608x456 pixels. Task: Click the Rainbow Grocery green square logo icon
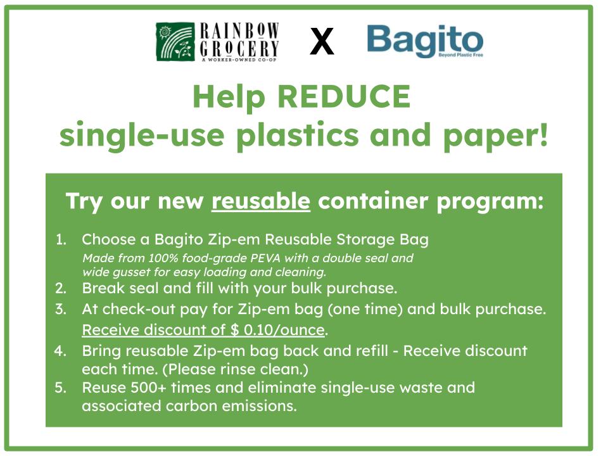[x=175, y=42]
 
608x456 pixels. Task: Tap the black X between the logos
[x=322, y=42]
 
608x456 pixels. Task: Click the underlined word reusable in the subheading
[x=261, y=201]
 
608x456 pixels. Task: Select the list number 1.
[x=61, y=240]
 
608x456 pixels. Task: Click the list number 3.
[x=61, y=310]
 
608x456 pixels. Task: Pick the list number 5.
[x=61, y=387]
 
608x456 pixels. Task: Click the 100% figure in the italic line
[x=154, y=258]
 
